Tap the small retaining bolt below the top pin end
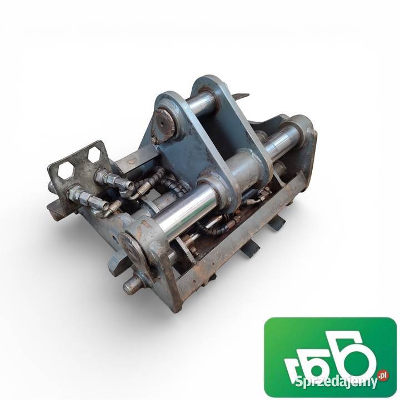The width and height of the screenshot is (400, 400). (154, 140)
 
